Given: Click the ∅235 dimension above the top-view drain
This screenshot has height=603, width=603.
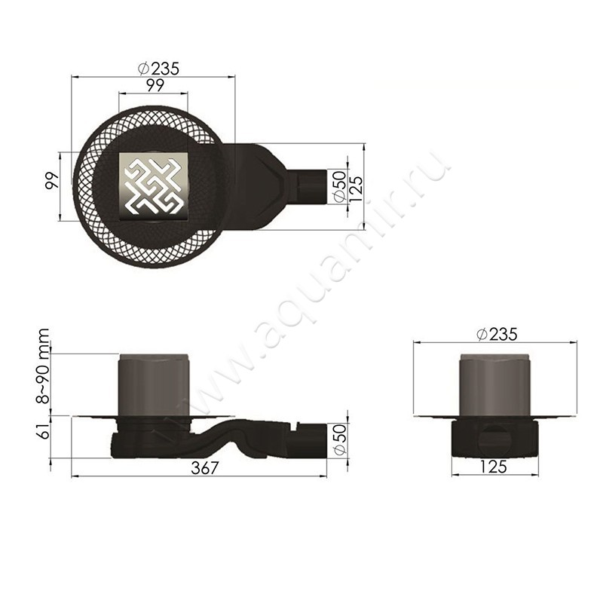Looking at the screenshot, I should pyautogui.click(x=158, y=68).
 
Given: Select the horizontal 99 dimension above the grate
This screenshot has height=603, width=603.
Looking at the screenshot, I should pyautogui.click(x=155, y=85).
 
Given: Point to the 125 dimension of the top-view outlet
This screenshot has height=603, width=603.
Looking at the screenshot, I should pyautogui.click(x=356, y=186).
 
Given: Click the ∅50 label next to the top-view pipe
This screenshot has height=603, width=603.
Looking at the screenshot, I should pyautogui.click(x=338, y=186).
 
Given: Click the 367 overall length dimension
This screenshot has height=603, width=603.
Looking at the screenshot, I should pyautogui.click(x=204, y=468).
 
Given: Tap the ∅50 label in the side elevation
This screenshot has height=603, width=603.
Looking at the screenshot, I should pyautogui.click(x=338, y=439).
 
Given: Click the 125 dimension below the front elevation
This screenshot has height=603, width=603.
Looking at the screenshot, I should pyautogui.click(x=492, y=467).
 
